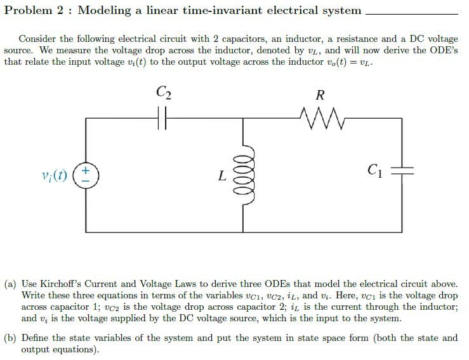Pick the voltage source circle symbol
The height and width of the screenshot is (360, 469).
click(86, 174)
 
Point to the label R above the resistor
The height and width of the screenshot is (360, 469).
click(320, 97)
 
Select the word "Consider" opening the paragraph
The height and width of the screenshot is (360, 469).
click(38, 39)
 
